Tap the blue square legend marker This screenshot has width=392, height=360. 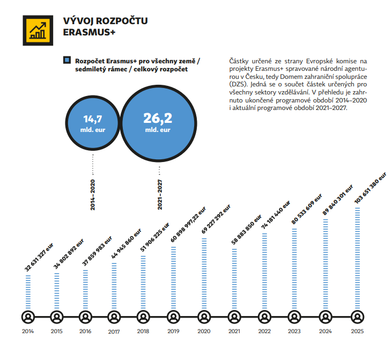coord(66,60)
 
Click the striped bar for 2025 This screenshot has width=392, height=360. coord(358,258)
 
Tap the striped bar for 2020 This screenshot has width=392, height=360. coord(203,273)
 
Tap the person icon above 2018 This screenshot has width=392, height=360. coord(143,316)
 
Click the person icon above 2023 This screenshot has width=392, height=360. coord(294,316)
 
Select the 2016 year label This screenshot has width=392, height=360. coord(85,331)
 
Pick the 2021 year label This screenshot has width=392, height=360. coord(234,331)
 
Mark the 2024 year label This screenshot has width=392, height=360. coord(326,331)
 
